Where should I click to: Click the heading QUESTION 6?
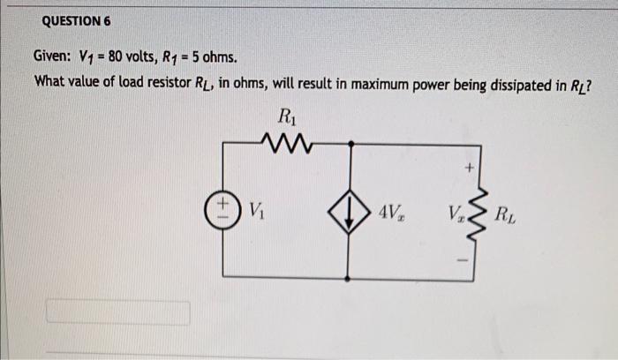click(x=74, y=20)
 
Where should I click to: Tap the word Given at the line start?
click(x=54, y=59)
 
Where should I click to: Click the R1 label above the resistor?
click(x=286, y=116)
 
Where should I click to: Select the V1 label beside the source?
click(x=256, y=211)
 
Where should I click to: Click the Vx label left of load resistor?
click(x=456, y=213)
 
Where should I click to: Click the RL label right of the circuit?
click(x=507, y=213)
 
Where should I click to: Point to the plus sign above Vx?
click(x=471, y=166)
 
